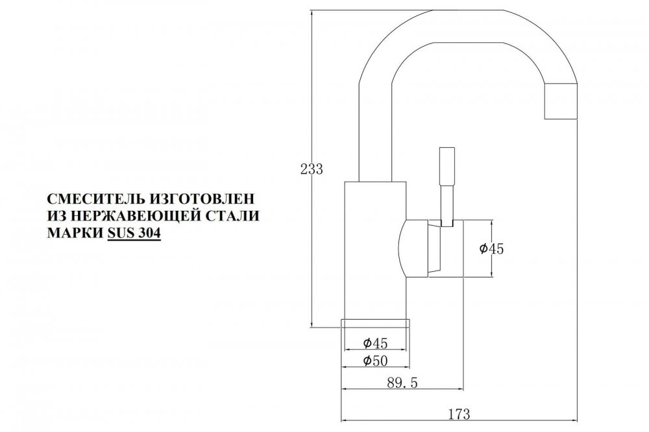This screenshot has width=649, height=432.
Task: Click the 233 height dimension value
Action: coord(312,169)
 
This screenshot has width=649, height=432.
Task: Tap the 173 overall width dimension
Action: coord(459,413)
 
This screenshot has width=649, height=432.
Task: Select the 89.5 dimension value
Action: coord(402,383)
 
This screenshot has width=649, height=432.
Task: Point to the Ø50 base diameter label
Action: coord(375,361)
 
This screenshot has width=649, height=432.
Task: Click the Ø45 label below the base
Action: coord(375,343)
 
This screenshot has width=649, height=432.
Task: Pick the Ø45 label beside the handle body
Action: coord(491,248)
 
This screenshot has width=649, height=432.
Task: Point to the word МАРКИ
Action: coord(75,233)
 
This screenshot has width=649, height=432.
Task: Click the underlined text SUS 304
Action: coord(134,234)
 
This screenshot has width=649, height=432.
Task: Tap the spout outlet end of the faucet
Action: coord(561,102)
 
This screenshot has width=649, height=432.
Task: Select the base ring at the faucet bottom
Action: coord(375,323)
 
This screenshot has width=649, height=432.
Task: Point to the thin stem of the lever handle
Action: coord(447,206)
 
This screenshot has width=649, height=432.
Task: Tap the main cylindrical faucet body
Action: coord(376,250)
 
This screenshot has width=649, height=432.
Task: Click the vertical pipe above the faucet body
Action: coord(374,132)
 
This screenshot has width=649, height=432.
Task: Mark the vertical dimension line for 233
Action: coord(312,169)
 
